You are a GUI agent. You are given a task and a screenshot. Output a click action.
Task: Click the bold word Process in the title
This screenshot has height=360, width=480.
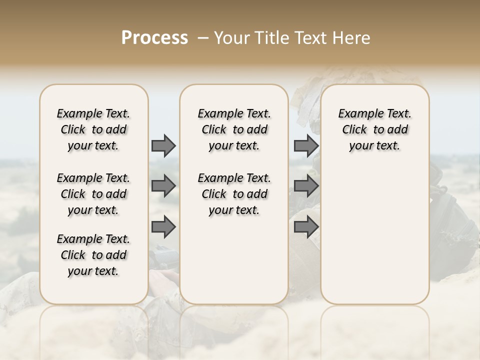pos(154,38)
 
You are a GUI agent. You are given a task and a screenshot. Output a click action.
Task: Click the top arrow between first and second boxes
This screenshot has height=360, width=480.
pos(163,145)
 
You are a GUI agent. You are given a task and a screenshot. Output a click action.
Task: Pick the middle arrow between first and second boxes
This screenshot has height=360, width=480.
pos(163,186)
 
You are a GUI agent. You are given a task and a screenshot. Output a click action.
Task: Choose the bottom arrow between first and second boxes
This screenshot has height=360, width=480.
pos(163,227)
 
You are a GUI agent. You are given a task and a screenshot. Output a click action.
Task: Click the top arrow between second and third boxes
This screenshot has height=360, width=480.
pos(305,145)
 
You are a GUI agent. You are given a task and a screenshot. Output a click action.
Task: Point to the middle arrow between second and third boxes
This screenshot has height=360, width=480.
pos(305,186)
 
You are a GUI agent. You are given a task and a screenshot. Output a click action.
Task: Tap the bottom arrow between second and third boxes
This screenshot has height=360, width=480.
pos(305,227)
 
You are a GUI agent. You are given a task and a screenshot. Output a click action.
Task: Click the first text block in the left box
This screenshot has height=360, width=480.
pos(93,129)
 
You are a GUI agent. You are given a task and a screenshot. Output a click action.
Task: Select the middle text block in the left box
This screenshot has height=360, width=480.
pos(93,194)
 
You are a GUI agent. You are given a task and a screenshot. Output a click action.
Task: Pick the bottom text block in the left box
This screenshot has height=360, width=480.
pos(93,255)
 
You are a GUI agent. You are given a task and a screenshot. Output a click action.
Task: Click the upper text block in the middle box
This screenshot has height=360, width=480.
pos(234,129)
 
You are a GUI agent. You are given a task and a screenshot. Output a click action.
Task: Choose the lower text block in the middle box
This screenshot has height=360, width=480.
pos(234,194)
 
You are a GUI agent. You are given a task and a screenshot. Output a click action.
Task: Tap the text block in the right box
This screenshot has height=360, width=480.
pos(374,129)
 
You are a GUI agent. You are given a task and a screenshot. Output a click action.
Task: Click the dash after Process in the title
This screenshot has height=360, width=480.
pos(203,38)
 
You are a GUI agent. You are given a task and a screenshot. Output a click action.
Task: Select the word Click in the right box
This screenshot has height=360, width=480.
pos(354,130)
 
